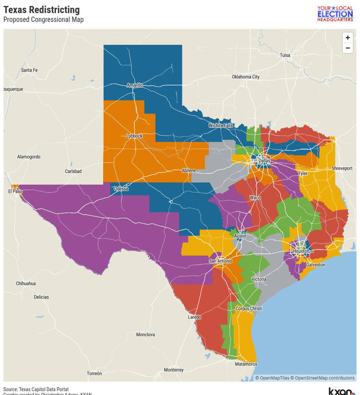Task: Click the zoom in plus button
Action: click(x=347, y=38)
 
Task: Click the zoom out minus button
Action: click(x=347, y=48)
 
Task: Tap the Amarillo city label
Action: click(x=135, y=85)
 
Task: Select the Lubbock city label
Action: click(x=134, y=136)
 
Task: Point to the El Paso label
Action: click(x=15, y=191)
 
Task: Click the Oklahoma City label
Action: click(x=246, y=77)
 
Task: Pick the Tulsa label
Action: click(x=285, y=55)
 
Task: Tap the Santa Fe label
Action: click(x=29, y=70)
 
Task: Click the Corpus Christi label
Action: click(x=248, y=309)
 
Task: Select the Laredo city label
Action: click(x=195, y=317)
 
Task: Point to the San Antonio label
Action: click(x=220, y=261)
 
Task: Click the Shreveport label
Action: click(x=342, y=168)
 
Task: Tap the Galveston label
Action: click(x=315, y=265)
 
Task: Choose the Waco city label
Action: click(x=255, y=198)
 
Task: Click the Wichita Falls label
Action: click(x=221, y=126)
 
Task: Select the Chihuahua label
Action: click(x=26, y=283)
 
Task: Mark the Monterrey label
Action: click(x=173, y=370)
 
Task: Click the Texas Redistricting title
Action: click(x=41, y=10)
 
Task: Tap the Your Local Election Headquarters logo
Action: click(x=335, y=14)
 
